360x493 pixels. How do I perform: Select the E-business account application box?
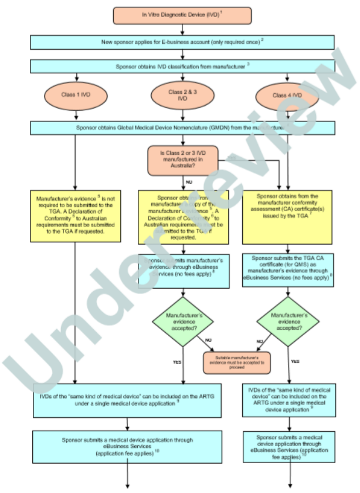click(182, 42)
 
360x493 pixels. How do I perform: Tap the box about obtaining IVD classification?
click(182, 66)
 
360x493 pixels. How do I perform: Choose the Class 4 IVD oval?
click(287, 95)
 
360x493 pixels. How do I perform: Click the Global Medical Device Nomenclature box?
click(182, 127)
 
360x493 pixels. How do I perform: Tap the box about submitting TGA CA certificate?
click(287, 269)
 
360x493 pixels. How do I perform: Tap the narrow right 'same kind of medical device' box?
click(287, 400)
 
